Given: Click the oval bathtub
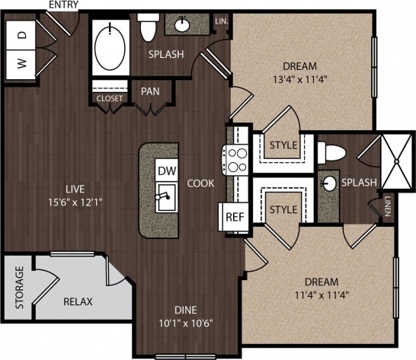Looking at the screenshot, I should (112, 46).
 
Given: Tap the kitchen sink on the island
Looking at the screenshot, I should (165, 200).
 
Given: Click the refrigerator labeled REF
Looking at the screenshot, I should (232, 217).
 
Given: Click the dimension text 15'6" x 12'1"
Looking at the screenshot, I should (75, 203).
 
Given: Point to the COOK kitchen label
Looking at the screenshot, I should (200, 183).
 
